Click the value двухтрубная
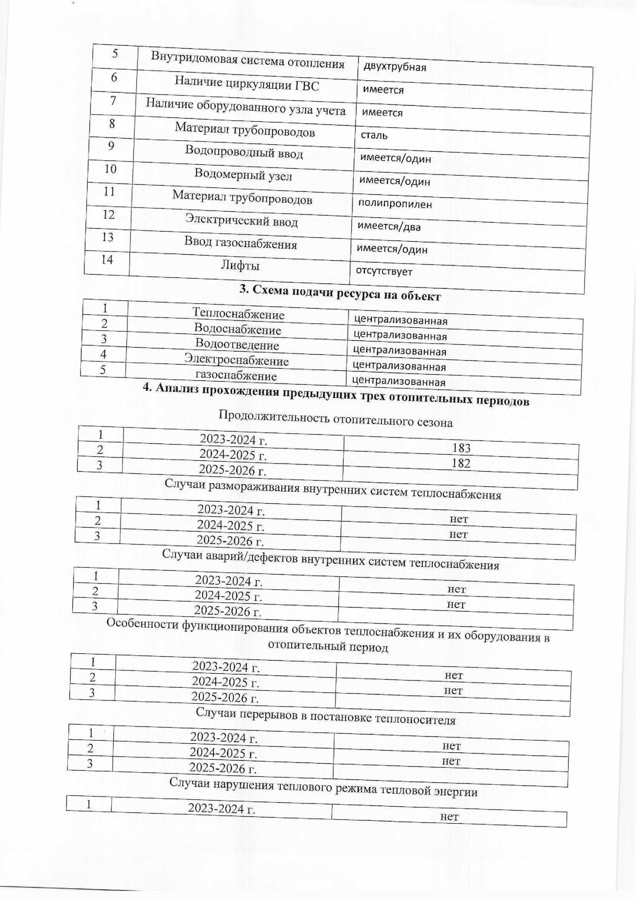click(x=393, y=66)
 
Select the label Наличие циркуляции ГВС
click(x=247, y=83)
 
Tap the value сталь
click(x=374, y=135)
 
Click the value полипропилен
click(x=395, y=204)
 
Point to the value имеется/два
click(x=389, y=227)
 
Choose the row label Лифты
click(x=240, y=265)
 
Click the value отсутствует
click(x=384, y=271)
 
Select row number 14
click(x=107, y=259)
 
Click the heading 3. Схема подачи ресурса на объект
click(x=340, y=293)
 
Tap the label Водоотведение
click(x=237, y=345)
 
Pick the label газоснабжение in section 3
click(x=236, y=376)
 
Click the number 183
click(x=461, y=448)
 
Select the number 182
click(x=461, y=463)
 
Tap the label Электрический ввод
click(x=241, y=220)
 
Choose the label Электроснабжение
click(x=236, y=360)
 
